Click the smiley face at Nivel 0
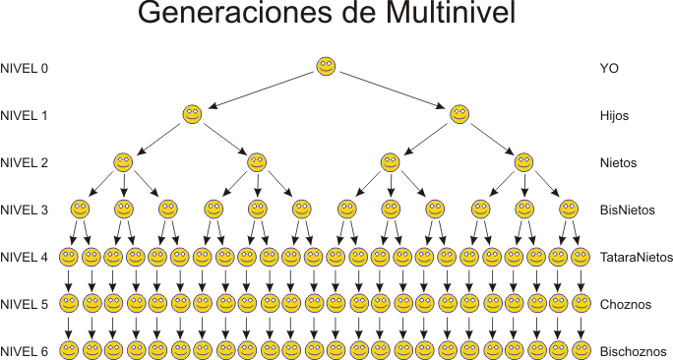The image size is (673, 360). (x=327, y=67)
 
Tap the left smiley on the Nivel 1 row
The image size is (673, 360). (x=192, y=114)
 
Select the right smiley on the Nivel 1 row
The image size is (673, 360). (x=459, y=114)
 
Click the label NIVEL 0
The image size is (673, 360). (x=25, y=69)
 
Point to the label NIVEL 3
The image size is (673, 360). (x=25, y=210)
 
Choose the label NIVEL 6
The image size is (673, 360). (x=25, y=351)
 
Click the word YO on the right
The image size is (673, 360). (x=609, y=69)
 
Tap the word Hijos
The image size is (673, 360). (x=614, y=116)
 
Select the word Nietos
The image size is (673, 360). (x=618, y=163)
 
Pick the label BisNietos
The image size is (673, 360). (x=627, y=210)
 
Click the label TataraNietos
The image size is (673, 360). (x=636, y=257)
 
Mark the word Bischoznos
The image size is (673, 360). (x=632, y=351)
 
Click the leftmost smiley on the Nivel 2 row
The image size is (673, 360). (x=123, y=161)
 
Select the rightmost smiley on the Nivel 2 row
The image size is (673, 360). (x=523, y=161)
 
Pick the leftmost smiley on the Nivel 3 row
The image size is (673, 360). (x=80, y=209)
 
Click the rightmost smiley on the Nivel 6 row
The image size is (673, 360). (x=581, y=349)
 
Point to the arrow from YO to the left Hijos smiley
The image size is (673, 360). (x=261, y=90)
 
